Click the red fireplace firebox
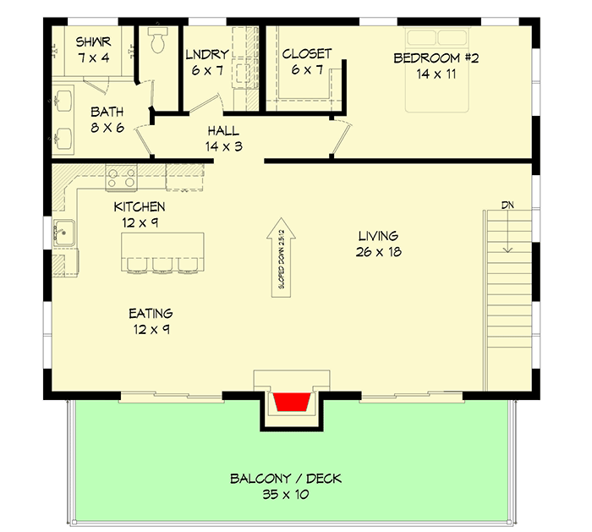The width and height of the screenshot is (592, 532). (x=293, y=403)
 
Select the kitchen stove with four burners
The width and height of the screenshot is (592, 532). (x=120, y=178)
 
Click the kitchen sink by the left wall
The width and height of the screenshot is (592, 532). (x=64, y=230)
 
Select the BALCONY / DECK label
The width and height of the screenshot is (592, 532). (x=286, y=479)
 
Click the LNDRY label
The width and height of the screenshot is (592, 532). (x=206, y=56)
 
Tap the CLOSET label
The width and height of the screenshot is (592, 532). (x=306, y=54)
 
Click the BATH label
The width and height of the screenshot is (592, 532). (x=108, y=112)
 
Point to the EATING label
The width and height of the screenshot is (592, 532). (x=152, y=313)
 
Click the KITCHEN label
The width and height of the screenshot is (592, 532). (x=140, y=207)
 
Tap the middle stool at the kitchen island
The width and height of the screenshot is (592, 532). (x=161, y=266)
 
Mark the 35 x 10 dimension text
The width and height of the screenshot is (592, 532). (x=286, y=494)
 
